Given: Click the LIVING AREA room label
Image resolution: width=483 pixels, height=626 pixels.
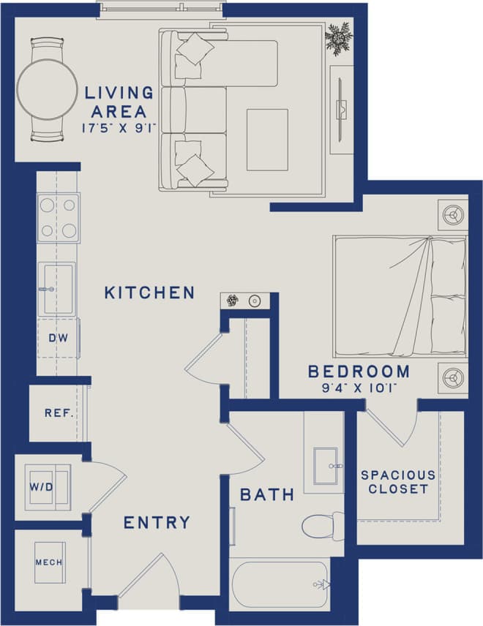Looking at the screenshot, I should (119, 102).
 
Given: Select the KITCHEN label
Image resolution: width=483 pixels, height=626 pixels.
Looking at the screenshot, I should (149, 293).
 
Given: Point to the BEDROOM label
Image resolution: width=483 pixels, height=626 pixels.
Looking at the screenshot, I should (359, 372).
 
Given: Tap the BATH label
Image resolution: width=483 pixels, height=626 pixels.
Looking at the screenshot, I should (267, 495).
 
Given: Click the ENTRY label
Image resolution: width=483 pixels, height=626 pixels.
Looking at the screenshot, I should (157, 523).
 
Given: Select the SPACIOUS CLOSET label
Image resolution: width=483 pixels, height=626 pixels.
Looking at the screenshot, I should (398, 482).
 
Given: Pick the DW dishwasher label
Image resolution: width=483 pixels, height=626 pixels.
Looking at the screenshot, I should (58, 339).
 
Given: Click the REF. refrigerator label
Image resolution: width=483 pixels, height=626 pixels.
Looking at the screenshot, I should (59, 413).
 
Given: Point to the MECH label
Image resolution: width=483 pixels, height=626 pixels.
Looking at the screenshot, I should (49, 562).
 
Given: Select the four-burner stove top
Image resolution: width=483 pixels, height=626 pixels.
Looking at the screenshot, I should (59, 218).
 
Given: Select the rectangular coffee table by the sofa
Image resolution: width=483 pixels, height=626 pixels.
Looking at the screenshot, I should (267, 140).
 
